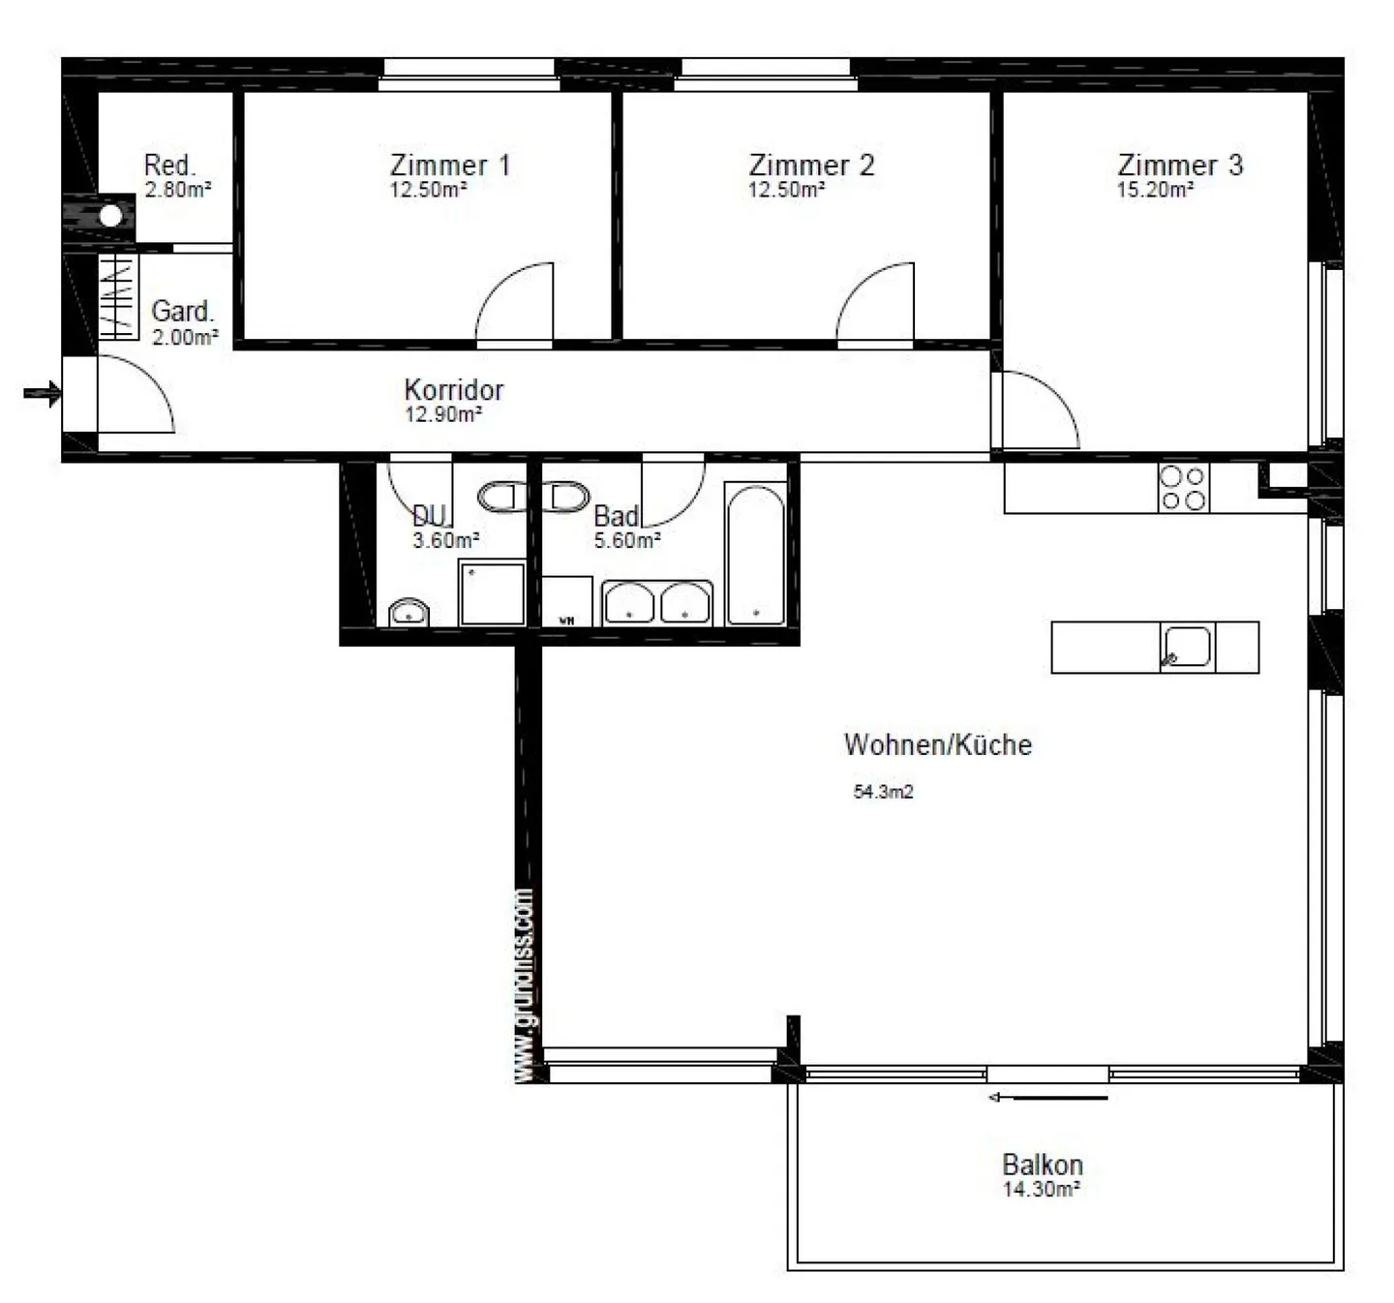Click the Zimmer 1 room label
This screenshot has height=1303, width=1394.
(449, 165)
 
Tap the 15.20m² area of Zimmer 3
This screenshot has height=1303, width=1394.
(1154, 191)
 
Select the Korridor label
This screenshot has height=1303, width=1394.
(453, 390)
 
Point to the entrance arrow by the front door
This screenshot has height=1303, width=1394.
(42, 393)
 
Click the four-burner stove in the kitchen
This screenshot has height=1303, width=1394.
(1183, 488)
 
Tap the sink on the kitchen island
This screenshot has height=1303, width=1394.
(1186, 647)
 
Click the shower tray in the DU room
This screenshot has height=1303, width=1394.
(492, 593)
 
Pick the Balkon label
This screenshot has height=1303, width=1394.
(1042, 1164)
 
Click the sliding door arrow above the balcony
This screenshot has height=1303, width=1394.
(1046, 1098)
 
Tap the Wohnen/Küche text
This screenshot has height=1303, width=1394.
(937, 744)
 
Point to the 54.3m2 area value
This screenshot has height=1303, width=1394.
(883, 792)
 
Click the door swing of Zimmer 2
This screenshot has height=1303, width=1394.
(876, 302)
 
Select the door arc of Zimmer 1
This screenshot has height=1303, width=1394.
(516, 302)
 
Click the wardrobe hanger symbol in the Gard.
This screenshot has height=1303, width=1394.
(118, 296)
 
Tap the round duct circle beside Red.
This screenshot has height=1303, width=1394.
(111, 216)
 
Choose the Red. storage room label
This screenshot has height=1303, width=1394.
(169, 165)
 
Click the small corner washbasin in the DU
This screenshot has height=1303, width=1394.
(409, 613)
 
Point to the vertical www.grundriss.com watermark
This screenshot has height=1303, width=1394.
(524, 985)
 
